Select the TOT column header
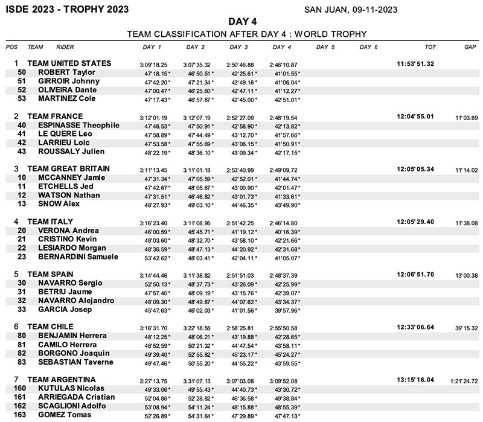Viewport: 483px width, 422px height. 430,46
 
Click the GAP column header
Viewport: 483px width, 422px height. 470,46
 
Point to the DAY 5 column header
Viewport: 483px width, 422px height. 325,46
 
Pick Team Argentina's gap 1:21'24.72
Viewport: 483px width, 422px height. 464,381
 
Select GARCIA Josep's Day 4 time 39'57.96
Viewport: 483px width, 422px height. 287,310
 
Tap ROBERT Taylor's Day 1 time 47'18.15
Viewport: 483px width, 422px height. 156,73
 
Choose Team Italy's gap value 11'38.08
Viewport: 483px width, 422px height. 467,223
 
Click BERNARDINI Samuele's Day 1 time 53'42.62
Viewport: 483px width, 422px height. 156,257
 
